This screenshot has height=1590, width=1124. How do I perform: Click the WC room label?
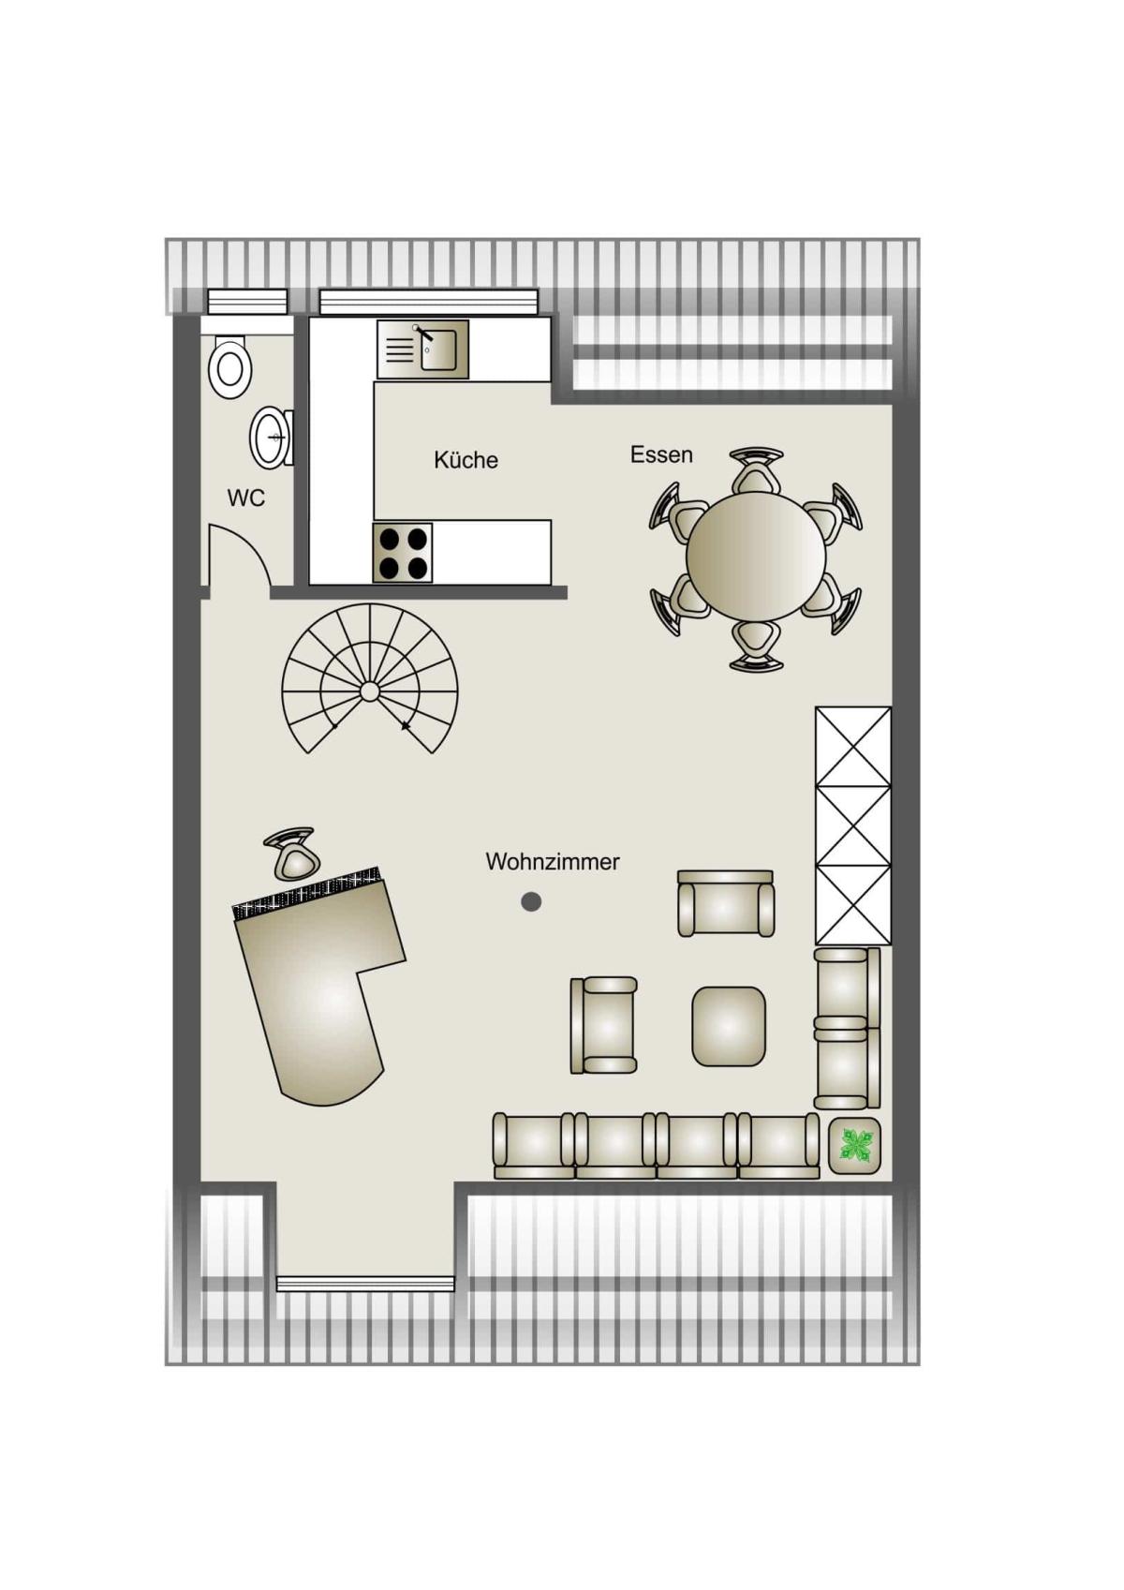tap(245, 498)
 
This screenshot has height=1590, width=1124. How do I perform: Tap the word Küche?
tap(466, 460)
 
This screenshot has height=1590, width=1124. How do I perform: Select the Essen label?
tap(661, 454)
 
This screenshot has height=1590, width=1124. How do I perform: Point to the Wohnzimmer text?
tap(553, 862)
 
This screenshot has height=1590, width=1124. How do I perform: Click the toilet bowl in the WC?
tap(230, 367)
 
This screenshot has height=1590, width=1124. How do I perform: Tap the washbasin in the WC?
tap(271, 437)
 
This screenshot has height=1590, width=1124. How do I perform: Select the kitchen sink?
tap(423, 349)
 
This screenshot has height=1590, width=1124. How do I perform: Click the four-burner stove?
tap(403, 553)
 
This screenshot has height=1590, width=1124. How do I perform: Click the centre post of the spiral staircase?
tap(369, 691)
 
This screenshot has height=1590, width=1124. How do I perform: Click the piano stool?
tap(292, 854)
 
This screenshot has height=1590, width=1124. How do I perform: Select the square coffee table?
tap(729, 1026)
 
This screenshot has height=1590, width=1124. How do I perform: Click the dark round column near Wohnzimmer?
tap(531, 902)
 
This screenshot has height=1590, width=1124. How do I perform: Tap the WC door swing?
tap(239, 555)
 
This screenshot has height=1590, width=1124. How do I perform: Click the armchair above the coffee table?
tap(726, 903)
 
